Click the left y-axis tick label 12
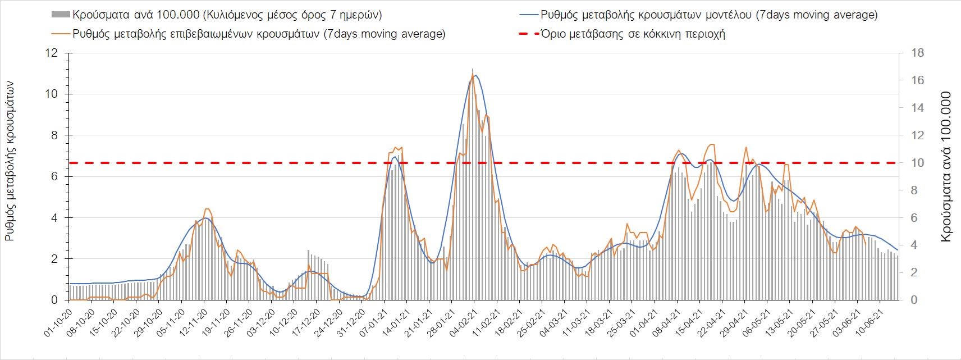[x=53, y=53]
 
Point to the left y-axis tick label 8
[x=54, y=135]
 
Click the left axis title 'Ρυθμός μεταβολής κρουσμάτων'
[x=10, y=161]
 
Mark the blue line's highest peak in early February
[x=476, y=75]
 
